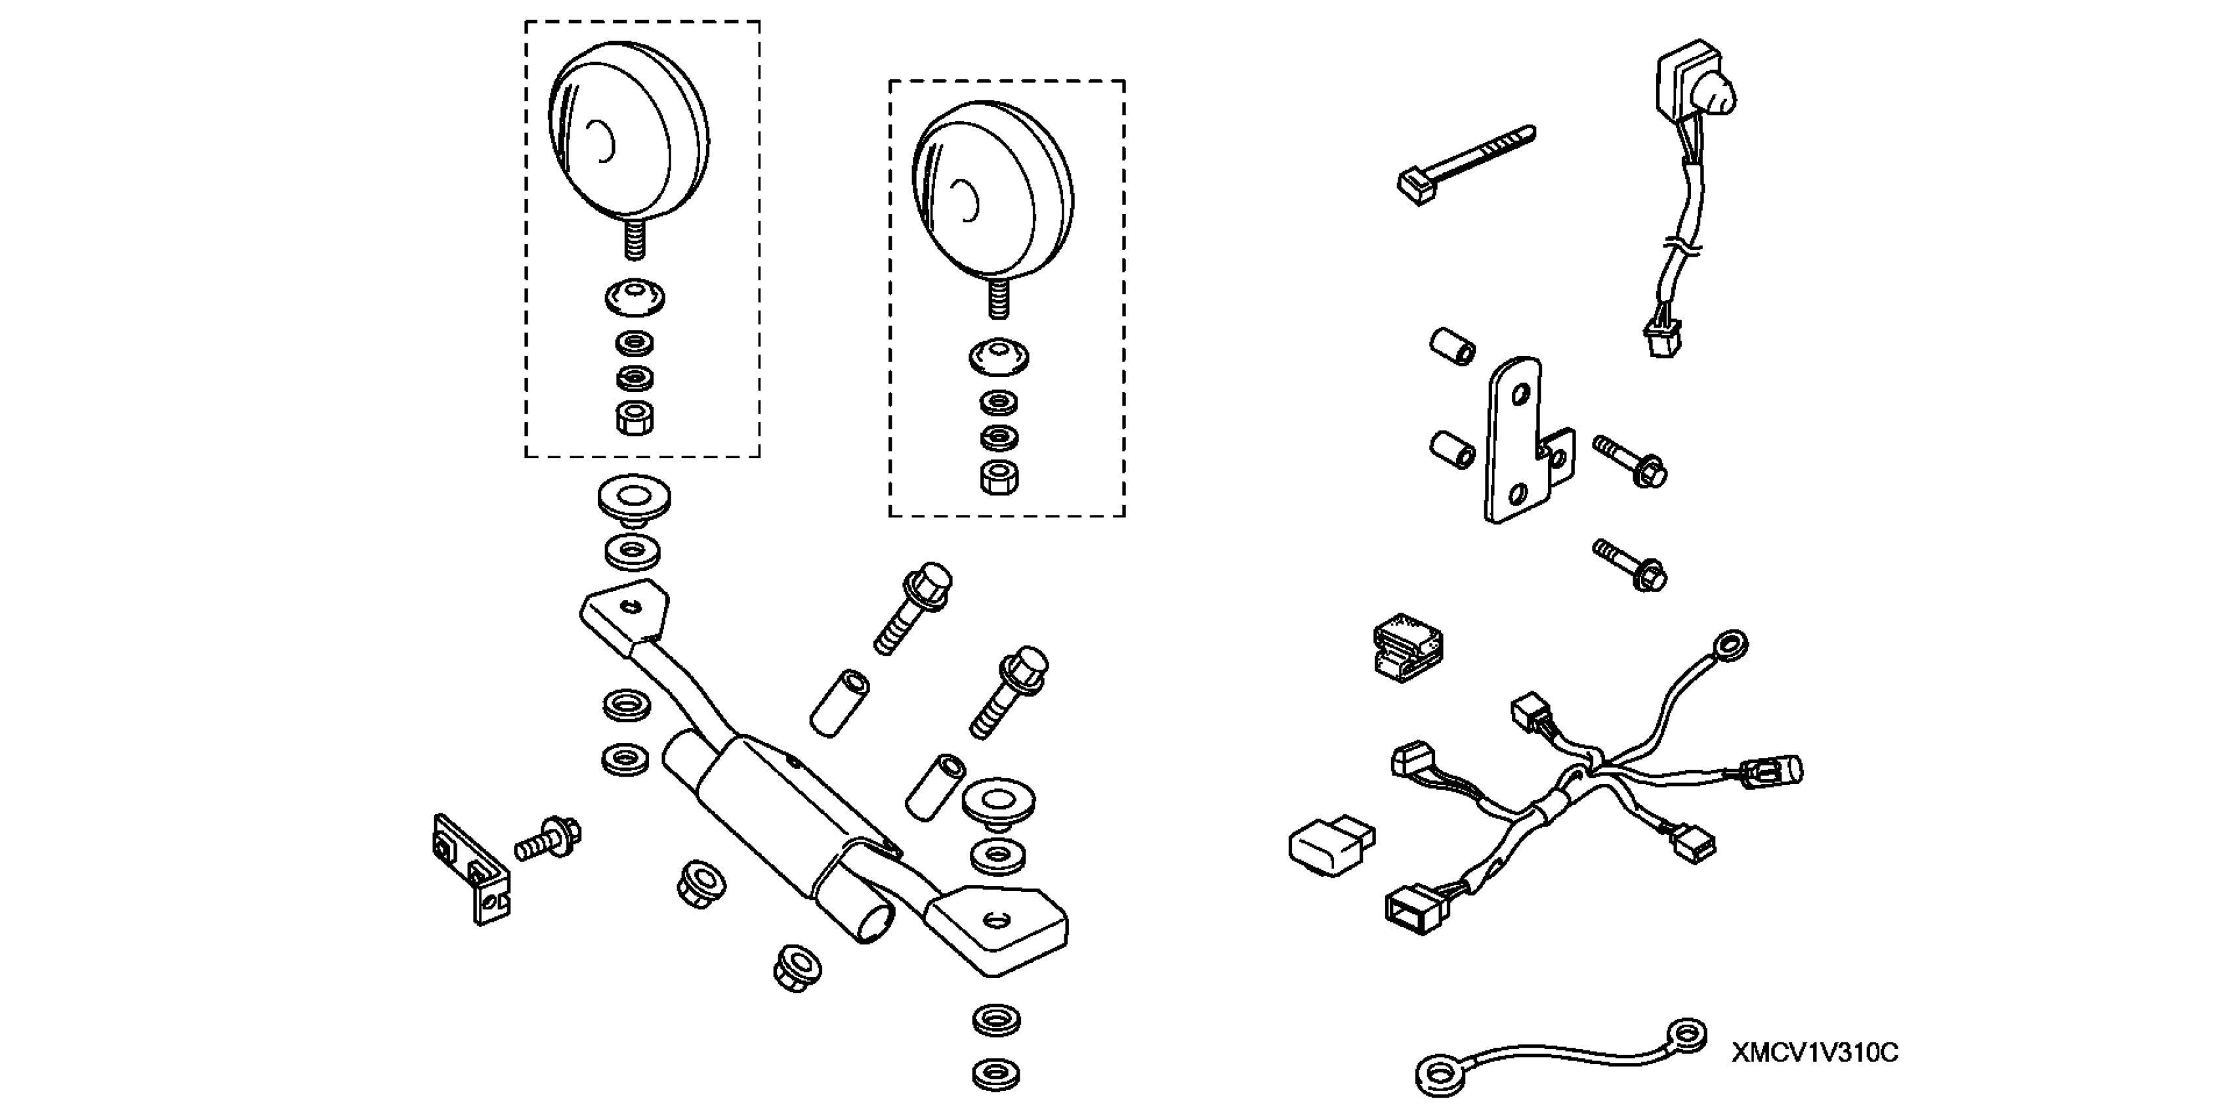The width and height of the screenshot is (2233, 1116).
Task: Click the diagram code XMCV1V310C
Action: coord(1814,1053)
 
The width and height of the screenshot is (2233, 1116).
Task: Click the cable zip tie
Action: coord(1465,164)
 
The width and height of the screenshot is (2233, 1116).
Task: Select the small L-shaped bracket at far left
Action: coord(470,868)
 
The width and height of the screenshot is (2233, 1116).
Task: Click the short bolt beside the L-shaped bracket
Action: coord(548,838)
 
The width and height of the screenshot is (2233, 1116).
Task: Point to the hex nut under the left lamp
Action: coord(634,418)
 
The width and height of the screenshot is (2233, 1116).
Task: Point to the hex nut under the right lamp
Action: coord(999,476)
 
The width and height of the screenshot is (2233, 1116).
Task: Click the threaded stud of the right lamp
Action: coord(999,298)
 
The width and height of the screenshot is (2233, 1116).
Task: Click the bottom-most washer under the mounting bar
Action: coord(996,1075)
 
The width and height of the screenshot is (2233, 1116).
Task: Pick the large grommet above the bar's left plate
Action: coord(634,500)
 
